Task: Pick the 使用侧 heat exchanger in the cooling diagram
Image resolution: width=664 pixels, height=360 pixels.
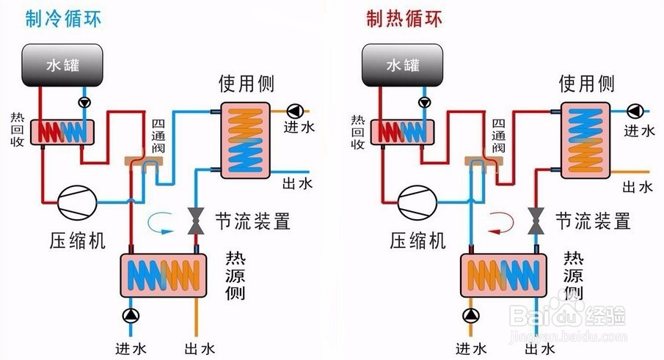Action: point(246,139)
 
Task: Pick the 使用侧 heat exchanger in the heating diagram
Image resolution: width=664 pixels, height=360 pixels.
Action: point(586,139)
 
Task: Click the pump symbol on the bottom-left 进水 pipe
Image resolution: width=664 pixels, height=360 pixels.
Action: point(131,316)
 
